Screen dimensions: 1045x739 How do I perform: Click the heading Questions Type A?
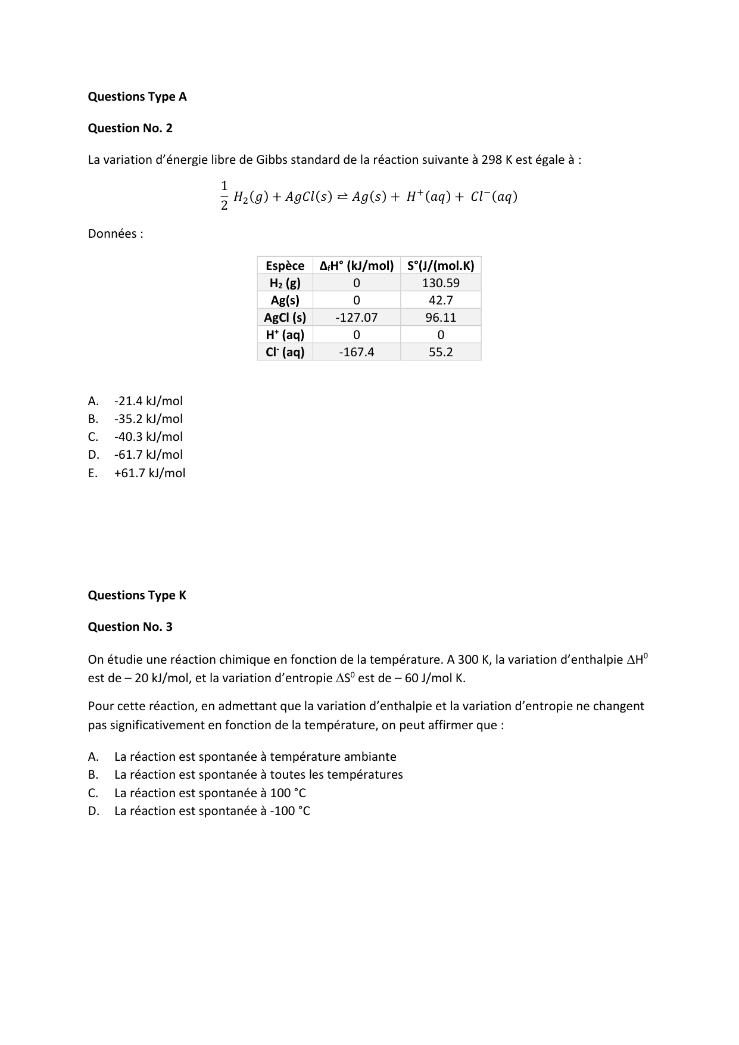click(137, 97)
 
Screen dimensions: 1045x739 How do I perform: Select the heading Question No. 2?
click(130, 128)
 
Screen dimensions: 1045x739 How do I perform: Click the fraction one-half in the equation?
click(224, 195)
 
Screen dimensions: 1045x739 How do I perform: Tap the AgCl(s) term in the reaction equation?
click(308, 197)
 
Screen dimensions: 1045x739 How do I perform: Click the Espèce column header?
click(285, 266)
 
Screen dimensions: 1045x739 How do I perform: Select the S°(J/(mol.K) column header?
click(441, 266)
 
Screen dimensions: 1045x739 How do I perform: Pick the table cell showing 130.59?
click(441, 283)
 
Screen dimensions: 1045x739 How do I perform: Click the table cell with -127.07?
click(356, 318)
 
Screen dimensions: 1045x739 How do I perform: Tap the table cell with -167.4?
click(356, 352)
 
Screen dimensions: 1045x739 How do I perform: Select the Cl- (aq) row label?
click(285, 352)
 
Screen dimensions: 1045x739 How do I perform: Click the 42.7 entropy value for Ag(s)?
click(441, 300)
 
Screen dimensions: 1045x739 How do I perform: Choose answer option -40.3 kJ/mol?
click(148, 437)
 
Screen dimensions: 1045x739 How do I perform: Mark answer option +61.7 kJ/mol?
click(149, 473)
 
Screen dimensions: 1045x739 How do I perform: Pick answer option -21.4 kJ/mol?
click(148, 401)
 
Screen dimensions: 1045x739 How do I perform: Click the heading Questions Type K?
click(136, 595)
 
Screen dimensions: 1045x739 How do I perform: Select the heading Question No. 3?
click(130, 627)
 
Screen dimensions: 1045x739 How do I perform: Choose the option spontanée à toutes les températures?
click(258, 775)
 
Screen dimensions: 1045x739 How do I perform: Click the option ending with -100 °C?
click(212, 811)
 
